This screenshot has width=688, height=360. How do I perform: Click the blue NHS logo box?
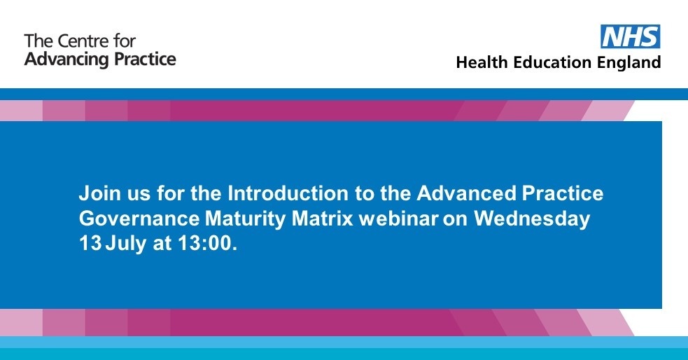tap(631, 36)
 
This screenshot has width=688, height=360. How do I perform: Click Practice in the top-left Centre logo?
tap(143, 59)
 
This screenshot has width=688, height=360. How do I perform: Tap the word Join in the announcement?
tap(94, 193)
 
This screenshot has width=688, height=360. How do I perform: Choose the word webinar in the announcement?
tap(400, 219)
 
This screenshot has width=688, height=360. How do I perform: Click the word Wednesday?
tap(532, 219)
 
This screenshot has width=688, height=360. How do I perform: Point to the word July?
tap(120, 244)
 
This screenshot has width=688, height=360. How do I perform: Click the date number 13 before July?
tap(89, 244)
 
